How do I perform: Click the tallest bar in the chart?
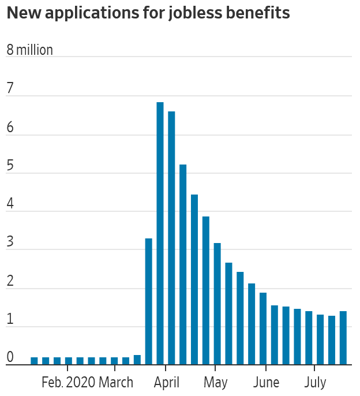pyautogui.click(x=160, y=233)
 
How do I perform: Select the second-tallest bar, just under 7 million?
pyautogui.click(x=171, y=238)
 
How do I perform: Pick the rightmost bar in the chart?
pyautogui.click(x=343, y=338)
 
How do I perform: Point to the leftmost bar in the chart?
pyautogui.click(x=34, y=361)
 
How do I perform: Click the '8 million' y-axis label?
pyautogui.click(x=29, y=50)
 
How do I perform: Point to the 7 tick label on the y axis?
pyautogui.click(x=9, y=89)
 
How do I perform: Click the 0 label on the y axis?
pyautogui.click(x=9, y=357)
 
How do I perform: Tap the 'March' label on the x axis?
pyautogui.click(x=115, y=382)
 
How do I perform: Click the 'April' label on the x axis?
pyautogui.click(x=166, y=382)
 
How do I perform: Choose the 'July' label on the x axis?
pyautogui.click(x=314, y=382)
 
